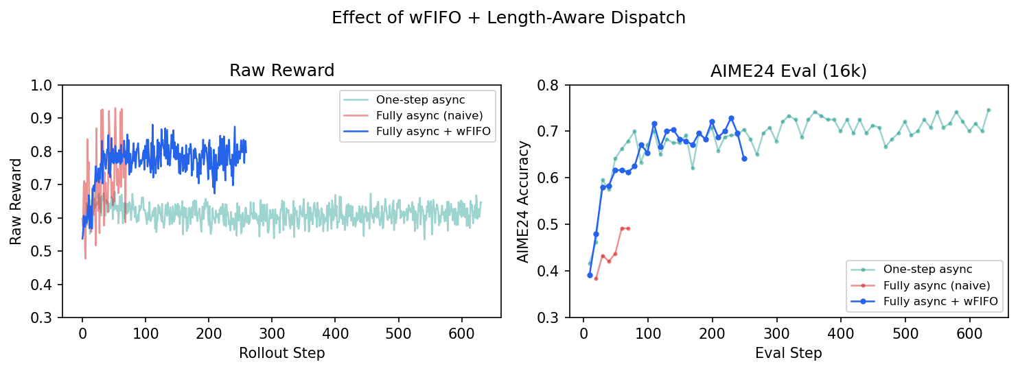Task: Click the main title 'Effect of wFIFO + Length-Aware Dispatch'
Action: (x=509, y=18)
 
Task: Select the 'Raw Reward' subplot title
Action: (x=281, y=71)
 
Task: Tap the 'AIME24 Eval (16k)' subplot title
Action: (x=789, y=71)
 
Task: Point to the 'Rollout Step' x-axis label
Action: (x=281, y=353)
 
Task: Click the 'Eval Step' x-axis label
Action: (x=788, y=353)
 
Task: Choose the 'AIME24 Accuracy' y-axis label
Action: (x=523, y=202)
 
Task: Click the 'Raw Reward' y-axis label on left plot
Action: (x=16, y=202)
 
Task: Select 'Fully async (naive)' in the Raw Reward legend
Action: (x=419, y=115)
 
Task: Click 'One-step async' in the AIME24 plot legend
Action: (x=917, y=269)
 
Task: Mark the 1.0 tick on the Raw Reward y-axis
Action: (x=46, y=86)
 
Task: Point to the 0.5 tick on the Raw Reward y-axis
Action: (x=46, y=252)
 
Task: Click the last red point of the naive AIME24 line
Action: (x=628, y=228)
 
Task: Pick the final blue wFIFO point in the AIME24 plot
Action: (x=744, y=158)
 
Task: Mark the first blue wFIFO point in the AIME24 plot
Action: (x=590, y=275)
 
